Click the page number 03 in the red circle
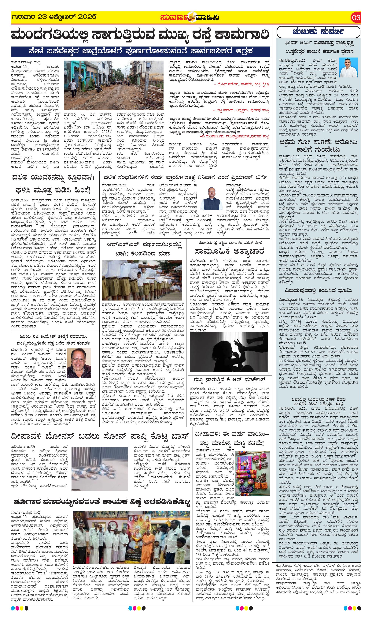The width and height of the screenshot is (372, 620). tap(356, 17)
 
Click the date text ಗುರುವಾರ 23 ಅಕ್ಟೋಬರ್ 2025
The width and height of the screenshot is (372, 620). tap(54, 17)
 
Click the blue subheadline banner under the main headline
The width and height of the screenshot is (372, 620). tap(141, 52)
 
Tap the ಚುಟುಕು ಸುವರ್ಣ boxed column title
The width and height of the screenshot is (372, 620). tap(318, 32)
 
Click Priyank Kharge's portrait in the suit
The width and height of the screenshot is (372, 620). tap(211, 198)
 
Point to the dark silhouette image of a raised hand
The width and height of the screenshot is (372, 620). tap(229, 352)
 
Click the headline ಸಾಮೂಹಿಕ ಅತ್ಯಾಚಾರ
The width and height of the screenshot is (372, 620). tap(229, 251)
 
